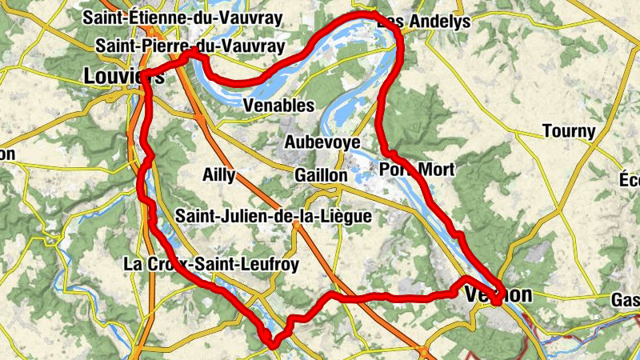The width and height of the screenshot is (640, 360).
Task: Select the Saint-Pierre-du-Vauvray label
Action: (x=190, y=46)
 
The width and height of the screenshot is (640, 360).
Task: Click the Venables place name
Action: (x=278, y=106)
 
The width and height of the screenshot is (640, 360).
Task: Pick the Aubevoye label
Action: (x=322, y=142)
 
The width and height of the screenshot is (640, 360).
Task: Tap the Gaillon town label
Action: (x=320, y=175)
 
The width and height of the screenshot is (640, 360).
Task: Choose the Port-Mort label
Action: (x=417, y=170)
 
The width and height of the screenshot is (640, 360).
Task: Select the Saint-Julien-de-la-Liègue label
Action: (x=274, y=216)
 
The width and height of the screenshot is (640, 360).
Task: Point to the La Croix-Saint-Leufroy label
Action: (x=211, y=263)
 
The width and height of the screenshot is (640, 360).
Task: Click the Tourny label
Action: (x=569, y=131)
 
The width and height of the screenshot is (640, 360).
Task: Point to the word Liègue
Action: (x=347, y=216)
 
